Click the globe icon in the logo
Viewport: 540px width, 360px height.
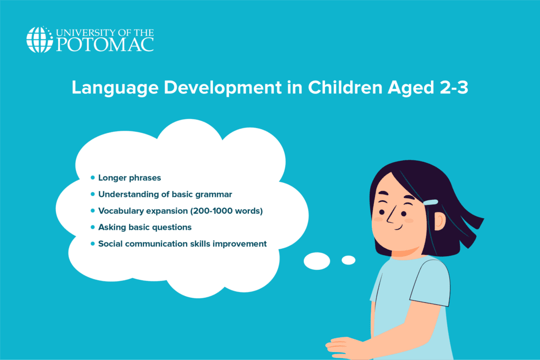click(x=40, y=40)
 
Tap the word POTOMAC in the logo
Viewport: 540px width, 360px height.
click(x=105, y=45)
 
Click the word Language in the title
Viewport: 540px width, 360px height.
click(x=115, y=88)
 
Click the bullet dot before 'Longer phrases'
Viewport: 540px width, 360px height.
click(x=92, y=178)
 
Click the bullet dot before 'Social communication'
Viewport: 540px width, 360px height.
click(x=92, y=244)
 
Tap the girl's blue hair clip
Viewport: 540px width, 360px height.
click(x=430, y=202)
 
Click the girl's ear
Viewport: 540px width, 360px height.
click(x=440, y=221)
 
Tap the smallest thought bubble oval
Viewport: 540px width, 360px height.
click(x=349, y=260)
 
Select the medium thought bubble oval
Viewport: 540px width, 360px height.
click(x=317, y=261)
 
